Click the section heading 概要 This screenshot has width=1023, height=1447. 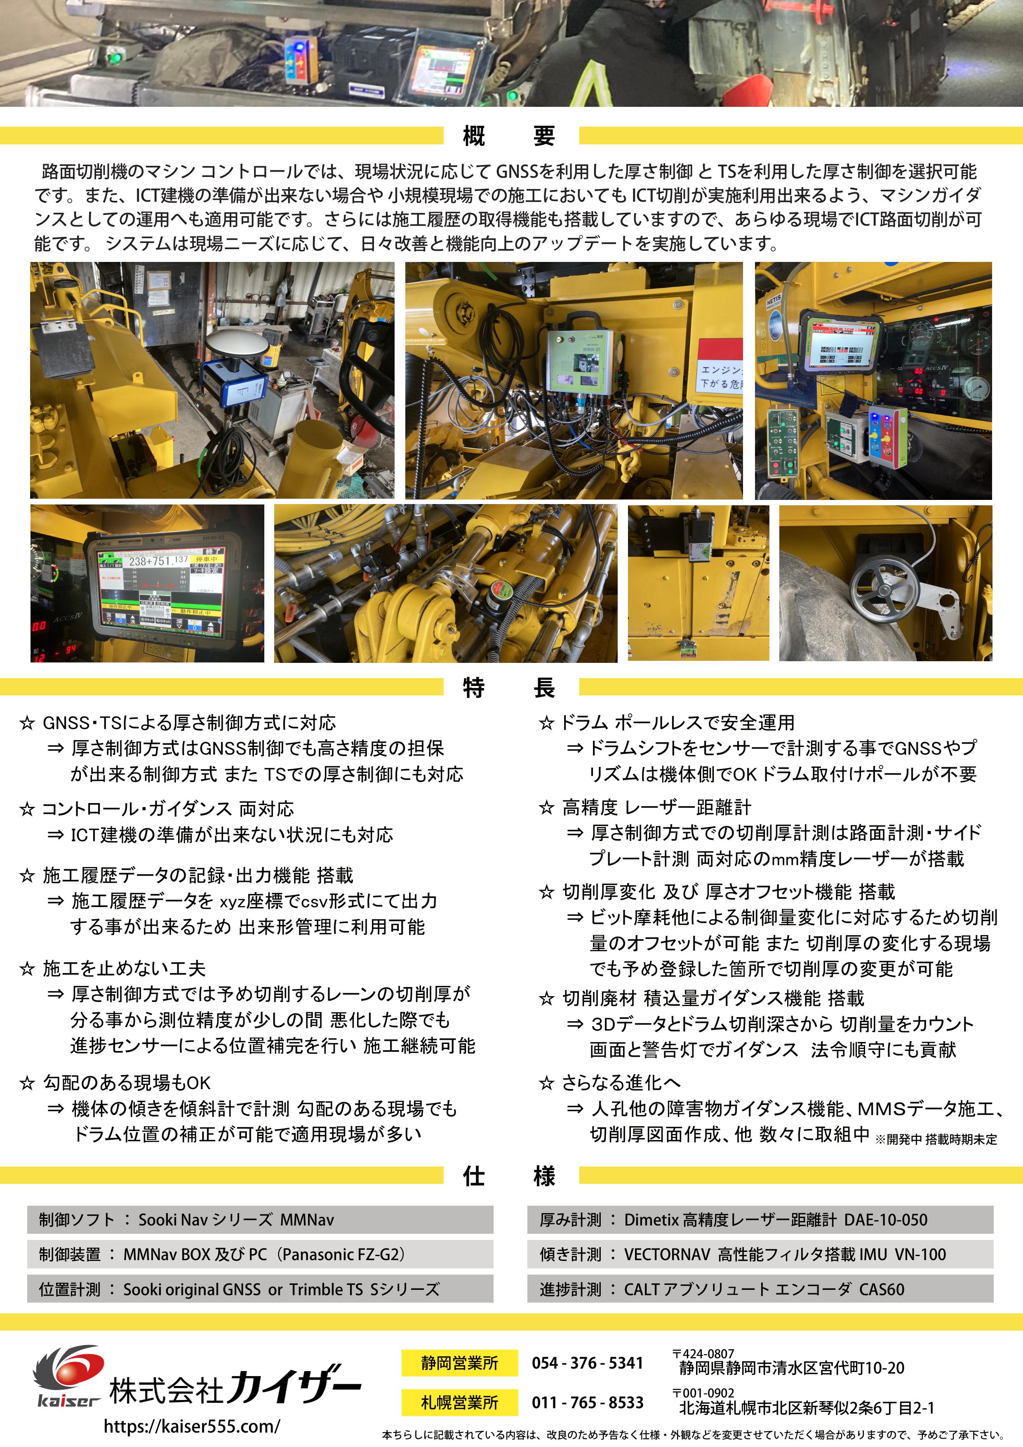[x=509, y=135]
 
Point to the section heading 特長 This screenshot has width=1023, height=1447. [x=509, y=687]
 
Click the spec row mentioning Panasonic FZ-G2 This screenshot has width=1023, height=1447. [x=260, y=1254]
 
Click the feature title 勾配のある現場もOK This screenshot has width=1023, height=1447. [x=126, y=1083]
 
